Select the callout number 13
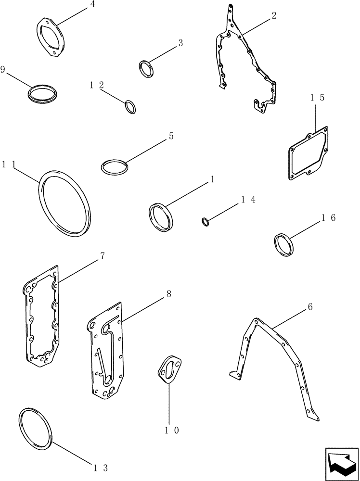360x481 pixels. pos(100,467)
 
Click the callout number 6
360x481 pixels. pos(310,306)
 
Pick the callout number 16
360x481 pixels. pos(329,218)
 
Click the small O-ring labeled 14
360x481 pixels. pos(205,221)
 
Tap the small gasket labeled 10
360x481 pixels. pos(169,370)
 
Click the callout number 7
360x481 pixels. pos(103,256)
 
